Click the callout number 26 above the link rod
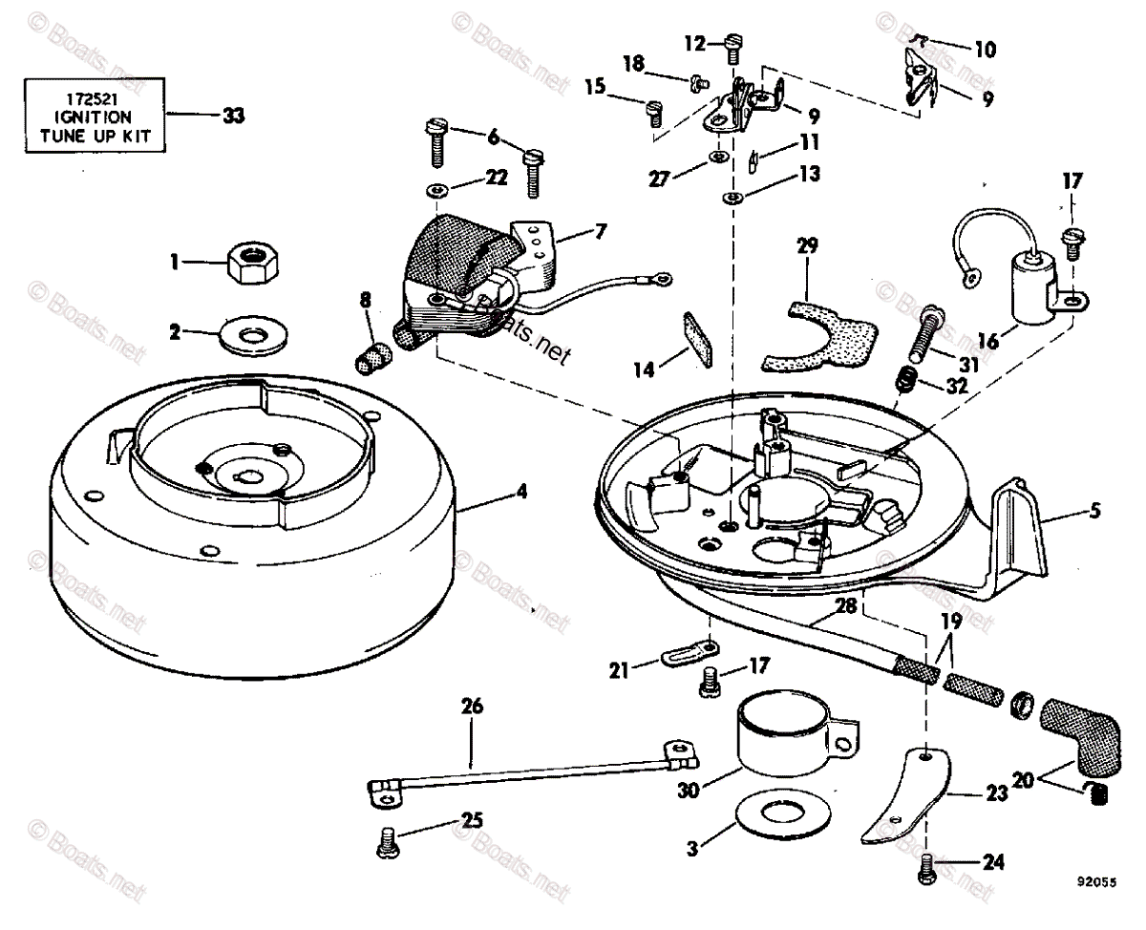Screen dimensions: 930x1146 tap(472, 708)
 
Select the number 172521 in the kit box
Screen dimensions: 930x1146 tap(93, 97)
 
